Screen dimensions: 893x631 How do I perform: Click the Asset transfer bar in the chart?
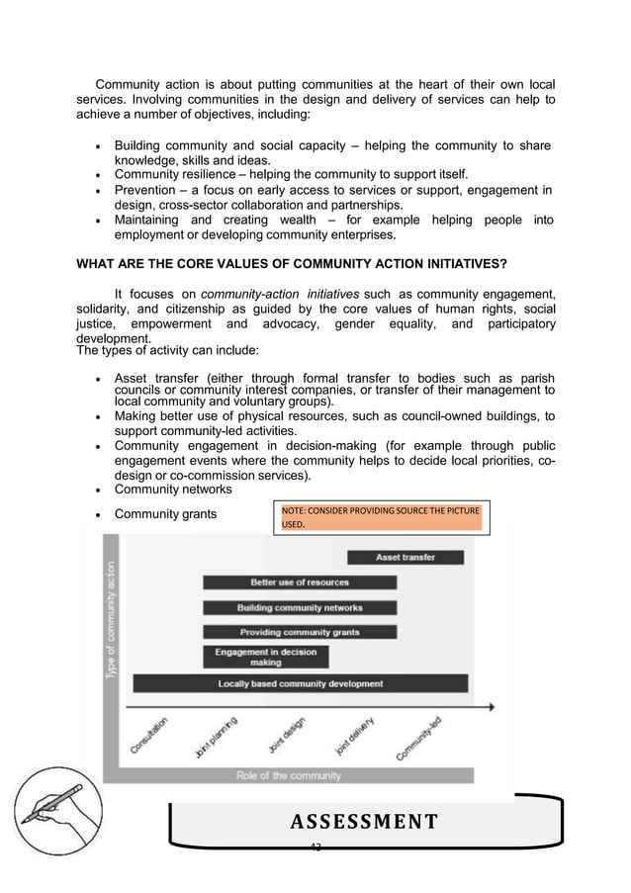click(406, 558)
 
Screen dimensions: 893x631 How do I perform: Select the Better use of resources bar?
click(299, 582)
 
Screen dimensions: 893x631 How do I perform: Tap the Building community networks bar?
click(299, 607)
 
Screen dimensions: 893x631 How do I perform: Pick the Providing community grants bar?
click(299, 632)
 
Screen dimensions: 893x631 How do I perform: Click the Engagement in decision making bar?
click(265, 657)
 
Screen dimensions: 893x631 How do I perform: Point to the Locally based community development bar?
click(300, 683)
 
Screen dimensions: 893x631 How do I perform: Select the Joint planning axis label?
click(216, 738)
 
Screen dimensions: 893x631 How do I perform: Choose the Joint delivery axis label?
click(353, 738)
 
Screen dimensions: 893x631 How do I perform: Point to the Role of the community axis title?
click(288, 775)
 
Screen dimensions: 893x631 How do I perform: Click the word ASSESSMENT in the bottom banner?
click(364, 821)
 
